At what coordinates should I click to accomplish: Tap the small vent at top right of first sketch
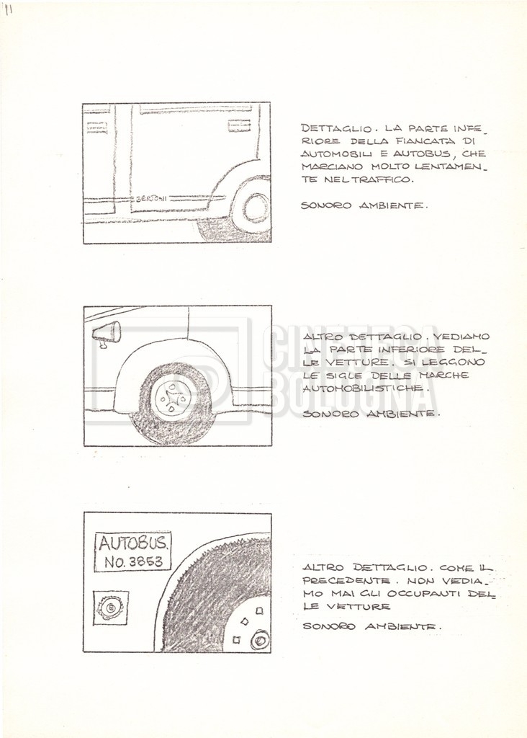(238, 126)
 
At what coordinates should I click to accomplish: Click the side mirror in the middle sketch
(107, 332)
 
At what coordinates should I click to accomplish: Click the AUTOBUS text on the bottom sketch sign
(134, 543)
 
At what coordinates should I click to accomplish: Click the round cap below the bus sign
(111, 608)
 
